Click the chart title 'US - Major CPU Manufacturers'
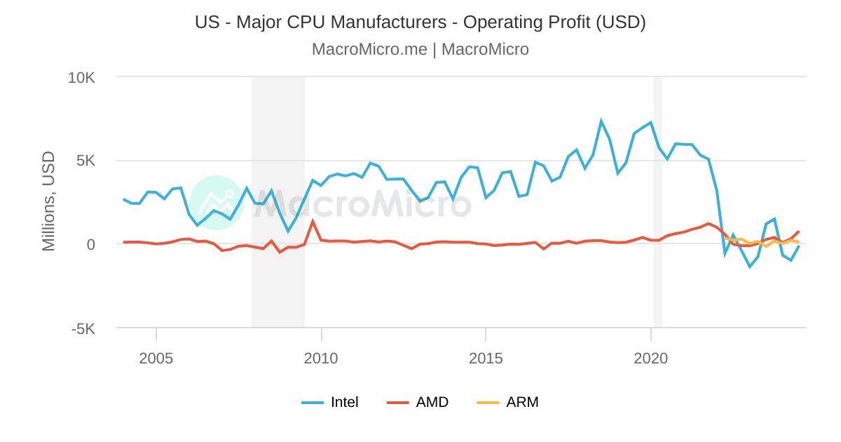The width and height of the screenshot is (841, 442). pyautogui.click(x=420, y=22)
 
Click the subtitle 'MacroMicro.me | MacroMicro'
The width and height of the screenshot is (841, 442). pyautogui.click(x=420, y=49)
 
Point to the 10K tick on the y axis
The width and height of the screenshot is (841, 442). pyautogui.click(x=81, y=77)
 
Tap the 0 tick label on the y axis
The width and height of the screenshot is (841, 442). pyautogui.click(x=90, y=244)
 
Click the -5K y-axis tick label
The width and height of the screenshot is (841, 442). pyautogui.click(x=83, y=328)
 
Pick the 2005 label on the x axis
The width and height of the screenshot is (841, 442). pyautogui.click(x=156, y=359)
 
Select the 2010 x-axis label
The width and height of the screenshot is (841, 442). pyautogui.click(x=321, y=359)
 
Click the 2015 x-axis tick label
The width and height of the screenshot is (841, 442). pyautogui.click(x=486, y=359)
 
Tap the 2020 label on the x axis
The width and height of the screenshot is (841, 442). pyautogui.click(x=650, y=359)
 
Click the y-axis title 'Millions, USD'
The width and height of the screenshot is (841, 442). pyautogui.click(x=48, y=201)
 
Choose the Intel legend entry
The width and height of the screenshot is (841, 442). pyautogui.click(x=330, y=402)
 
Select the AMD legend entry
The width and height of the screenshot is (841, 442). pyautogui.click(x=418, y=402)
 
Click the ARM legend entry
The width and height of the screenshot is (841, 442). pyautogui.click(x=507, y=402)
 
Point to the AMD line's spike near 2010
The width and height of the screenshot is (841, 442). pyautogui.click(x=313, y=222)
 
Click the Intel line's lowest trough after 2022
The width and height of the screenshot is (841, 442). pyautogui.click(x=749, y=267)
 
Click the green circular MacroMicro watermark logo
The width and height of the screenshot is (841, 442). pyautogui.click(x=217, y=203)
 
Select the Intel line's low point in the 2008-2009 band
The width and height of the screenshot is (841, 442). pyautogui.click(x=288, y=231)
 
